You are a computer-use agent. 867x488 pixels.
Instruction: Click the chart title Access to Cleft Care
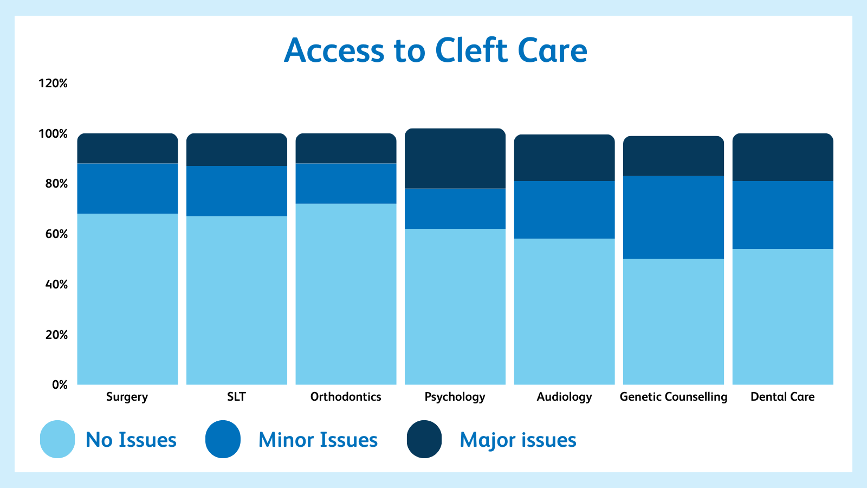tap(436, 50)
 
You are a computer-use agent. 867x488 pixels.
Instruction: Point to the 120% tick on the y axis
tap(53, 84)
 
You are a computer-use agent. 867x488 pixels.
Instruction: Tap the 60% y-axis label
tap(56, 234)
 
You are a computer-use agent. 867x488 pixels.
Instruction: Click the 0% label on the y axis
tap(60, 384)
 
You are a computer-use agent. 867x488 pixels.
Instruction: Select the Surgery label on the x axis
tap(127, 397)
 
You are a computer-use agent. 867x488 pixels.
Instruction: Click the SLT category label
tap(236, 396)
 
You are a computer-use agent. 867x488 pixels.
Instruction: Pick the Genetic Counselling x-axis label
tap(674, 397)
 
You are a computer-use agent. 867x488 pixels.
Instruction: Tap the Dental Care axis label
tap(782, 396)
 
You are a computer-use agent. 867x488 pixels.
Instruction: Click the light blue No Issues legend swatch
tap(57, 439)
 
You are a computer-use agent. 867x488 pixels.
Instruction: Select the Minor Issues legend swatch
tap(223, 439)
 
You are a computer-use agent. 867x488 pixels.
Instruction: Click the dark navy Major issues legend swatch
tap(424, 439)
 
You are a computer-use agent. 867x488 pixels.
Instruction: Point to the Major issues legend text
tap(518, 440)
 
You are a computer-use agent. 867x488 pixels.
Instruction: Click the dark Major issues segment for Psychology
tap(455, 158)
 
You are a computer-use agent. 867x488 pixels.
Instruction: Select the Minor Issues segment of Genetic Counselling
tap(674, 217)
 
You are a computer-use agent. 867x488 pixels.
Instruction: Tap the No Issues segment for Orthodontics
tap(346, 294)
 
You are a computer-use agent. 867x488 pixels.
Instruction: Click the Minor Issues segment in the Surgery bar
tap(128, 189)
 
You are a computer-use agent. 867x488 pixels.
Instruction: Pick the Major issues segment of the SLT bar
tap(237, 150)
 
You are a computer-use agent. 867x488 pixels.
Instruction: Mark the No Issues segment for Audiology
tap(564, 312)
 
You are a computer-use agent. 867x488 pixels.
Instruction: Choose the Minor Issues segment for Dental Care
tap(783, 215)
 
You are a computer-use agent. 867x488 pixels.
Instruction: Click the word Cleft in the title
tap(471, 50)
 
